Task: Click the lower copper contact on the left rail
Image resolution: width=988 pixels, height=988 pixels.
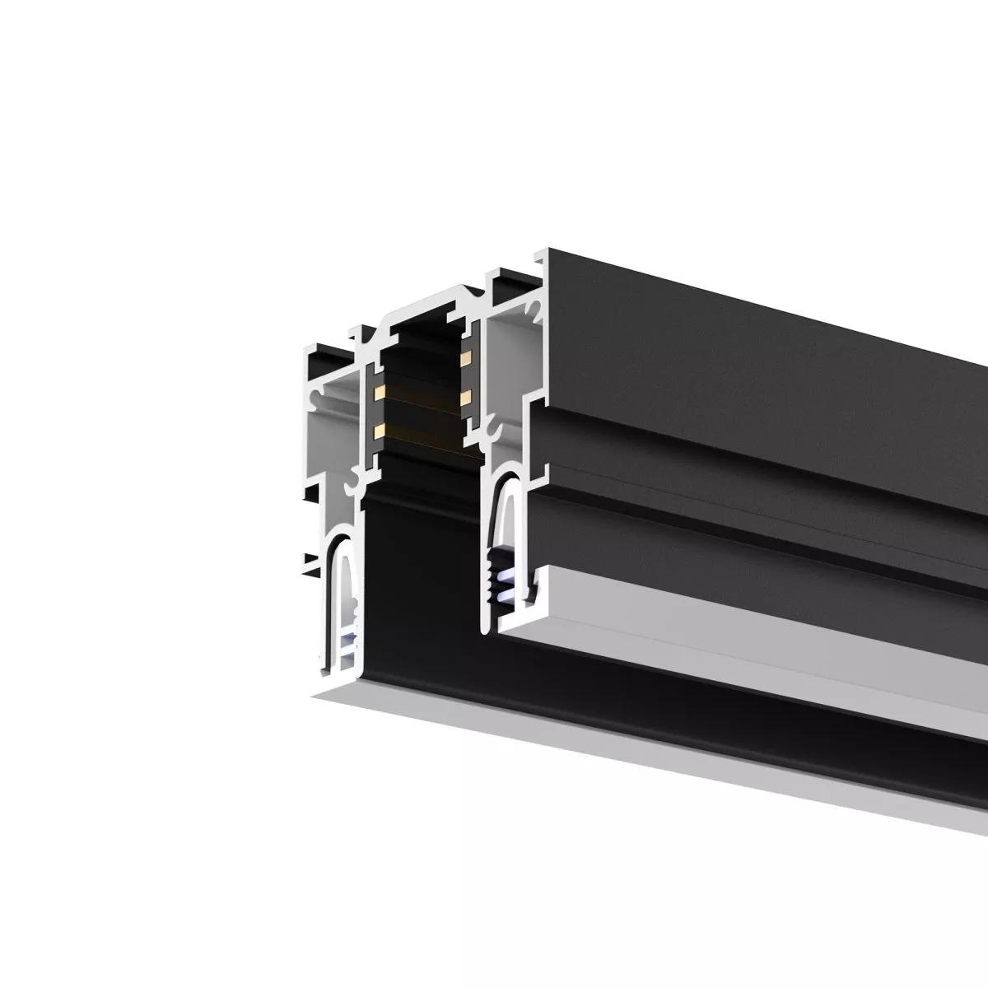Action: pos(380,430)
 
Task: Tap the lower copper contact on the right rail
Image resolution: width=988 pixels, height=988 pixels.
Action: pos(466,398)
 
